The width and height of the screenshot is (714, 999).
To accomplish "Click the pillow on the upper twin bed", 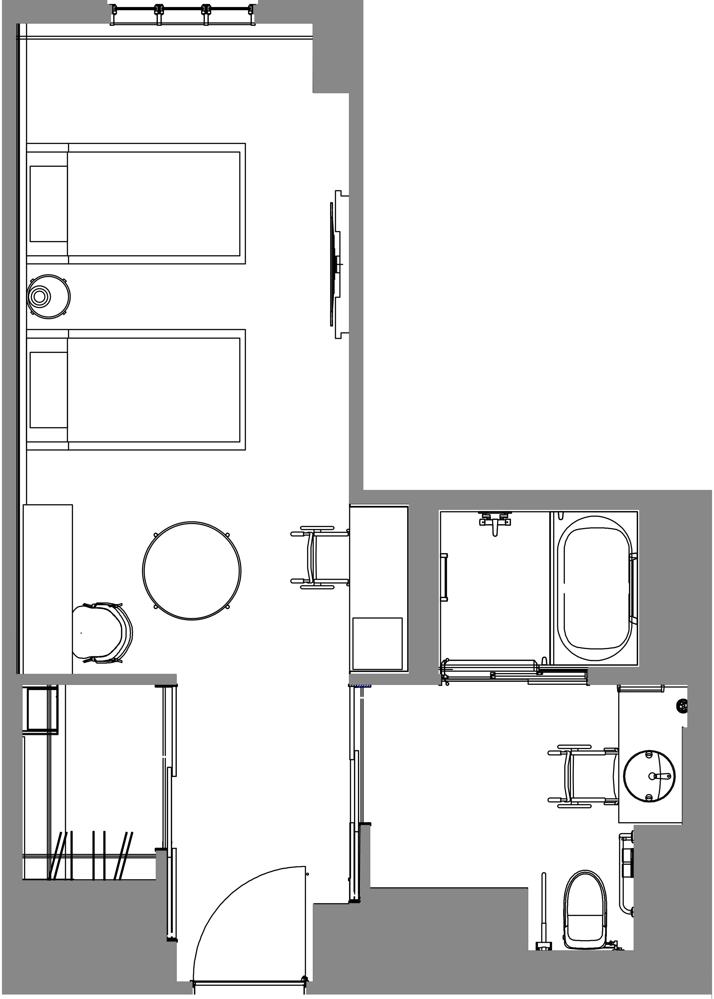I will [48, 204].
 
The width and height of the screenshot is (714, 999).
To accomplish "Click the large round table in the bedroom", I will [192, 571].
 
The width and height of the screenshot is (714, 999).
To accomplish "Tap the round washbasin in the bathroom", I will [649, 776].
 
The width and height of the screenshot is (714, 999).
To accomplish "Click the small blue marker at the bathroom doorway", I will [359, 685].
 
